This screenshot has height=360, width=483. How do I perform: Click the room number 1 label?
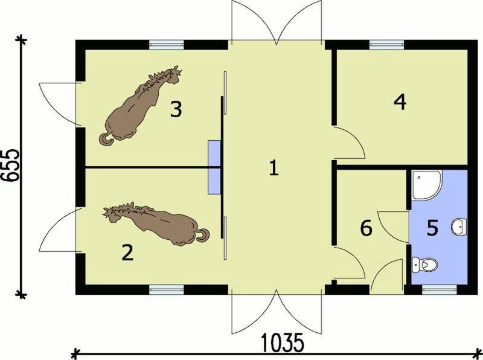274,169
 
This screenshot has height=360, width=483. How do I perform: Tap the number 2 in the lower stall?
127,252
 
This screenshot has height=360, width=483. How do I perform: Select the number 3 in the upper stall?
176,109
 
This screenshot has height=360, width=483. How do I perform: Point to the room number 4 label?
400,102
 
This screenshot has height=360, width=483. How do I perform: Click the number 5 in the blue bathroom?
432,228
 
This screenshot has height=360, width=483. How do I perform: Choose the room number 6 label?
366,228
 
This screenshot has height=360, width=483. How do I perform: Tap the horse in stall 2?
156,223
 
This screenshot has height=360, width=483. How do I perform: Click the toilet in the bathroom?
425,265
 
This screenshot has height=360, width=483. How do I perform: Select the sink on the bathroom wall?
459,227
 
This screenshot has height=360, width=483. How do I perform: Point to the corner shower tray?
427,185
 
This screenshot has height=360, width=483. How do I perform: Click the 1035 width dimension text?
283,342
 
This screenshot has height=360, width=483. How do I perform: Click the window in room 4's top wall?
386,45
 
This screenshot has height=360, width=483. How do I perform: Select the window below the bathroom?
440,289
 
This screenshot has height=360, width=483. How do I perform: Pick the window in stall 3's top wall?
167,45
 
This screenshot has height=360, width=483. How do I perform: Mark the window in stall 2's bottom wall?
167,289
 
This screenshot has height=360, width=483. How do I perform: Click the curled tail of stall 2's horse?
203,234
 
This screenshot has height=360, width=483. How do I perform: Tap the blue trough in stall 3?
214,153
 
